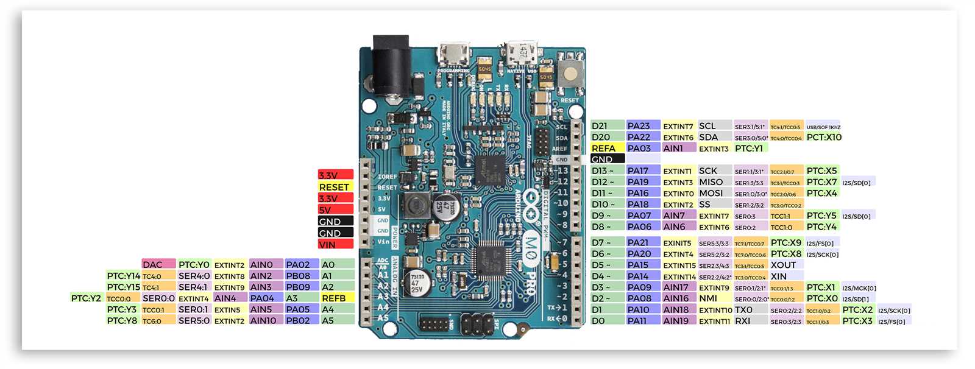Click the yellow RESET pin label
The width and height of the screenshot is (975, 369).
(335, 187)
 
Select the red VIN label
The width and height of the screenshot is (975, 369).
(335, 244)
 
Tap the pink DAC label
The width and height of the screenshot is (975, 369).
(158, 264)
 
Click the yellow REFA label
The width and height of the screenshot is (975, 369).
(607, 148)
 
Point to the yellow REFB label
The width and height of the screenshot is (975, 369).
(337, 298)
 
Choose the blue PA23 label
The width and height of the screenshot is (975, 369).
(643, 126)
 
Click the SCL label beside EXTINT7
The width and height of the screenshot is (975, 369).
(714, 126)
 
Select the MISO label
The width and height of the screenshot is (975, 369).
(714, 182)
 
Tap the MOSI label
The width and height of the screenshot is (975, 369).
(714, 193)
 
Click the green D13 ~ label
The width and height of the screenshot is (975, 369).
(607, 170)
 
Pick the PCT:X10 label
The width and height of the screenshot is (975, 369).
(824, 137)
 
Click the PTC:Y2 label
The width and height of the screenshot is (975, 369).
(86, 298)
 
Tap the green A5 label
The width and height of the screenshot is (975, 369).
(337, 320)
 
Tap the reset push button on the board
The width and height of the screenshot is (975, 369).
(570, 74)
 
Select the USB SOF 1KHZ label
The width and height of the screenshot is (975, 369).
(823, 127)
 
